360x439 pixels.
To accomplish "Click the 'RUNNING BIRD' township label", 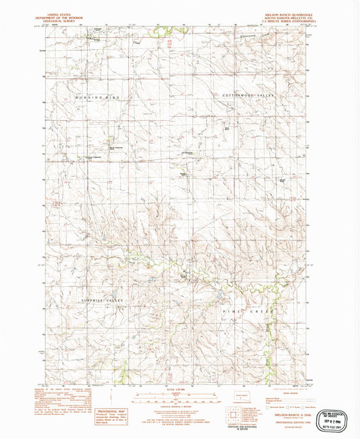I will pos(97,98).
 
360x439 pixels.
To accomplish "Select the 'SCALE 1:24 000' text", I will pos(179,390).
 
